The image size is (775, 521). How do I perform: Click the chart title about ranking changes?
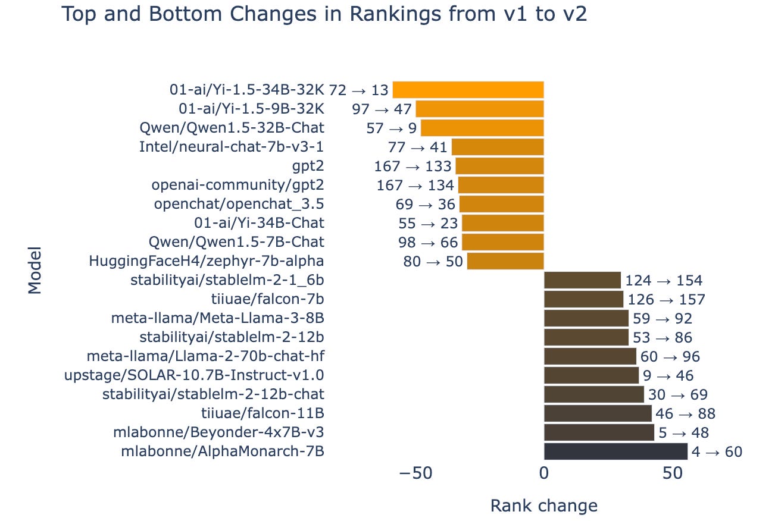click(324, 14)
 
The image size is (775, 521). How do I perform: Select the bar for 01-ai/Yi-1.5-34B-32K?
click(468, 90)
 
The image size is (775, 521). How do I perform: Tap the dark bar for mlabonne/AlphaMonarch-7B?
click(615, 451)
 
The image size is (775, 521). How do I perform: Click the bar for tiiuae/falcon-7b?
click(583, 299)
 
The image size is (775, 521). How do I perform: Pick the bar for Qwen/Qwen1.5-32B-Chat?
click(482, 128)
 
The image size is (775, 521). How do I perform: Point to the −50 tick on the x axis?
click(415, 473)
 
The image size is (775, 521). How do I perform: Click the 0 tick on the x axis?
click(543, 473)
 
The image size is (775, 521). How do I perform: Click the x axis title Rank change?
click(543, 506)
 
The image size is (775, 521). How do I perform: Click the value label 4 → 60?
click(717, 452)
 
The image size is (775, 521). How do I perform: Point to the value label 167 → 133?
click(412, 166)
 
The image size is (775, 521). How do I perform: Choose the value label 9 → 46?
click(668, 376)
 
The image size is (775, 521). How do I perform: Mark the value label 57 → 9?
click(391, 128)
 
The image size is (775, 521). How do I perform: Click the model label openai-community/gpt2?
click(238, 185)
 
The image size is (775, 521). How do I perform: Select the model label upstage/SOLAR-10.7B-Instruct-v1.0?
click(194, 375)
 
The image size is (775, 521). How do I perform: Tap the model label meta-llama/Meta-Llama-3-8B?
click(218, 318)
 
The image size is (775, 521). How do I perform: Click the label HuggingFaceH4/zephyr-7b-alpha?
click(207, 261)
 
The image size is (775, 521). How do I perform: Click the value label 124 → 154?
click(664, 281)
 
